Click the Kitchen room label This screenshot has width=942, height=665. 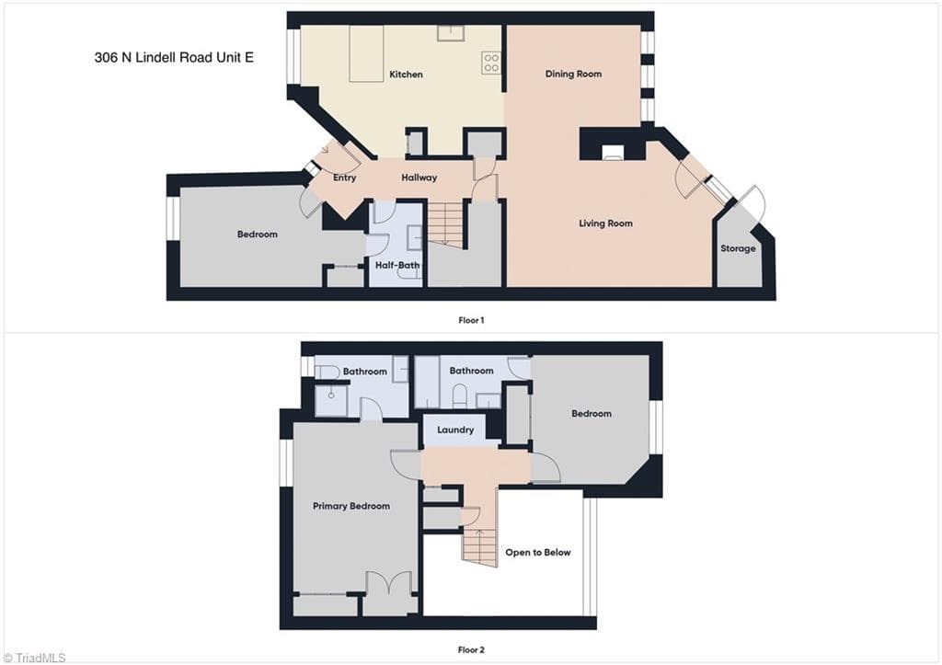406,75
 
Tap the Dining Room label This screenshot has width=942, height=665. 573,74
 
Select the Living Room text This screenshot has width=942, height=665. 605,224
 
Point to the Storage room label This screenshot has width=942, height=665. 738,248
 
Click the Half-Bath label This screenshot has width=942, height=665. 397,265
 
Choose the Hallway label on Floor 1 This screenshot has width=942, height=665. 419,178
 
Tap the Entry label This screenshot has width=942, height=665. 344,178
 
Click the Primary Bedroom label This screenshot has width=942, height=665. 351,506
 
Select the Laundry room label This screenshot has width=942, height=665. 455,430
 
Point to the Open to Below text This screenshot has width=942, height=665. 537,553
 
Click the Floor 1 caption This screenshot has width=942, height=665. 471,320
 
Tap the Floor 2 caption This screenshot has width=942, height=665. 471,649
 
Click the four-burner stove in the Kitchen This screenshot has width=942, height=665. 491,63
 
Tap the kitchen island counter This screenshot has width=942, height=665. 366,53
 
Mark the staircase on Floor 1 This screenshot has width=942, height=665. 446,224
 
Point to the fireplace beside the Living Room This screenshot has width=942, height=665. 614,152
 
